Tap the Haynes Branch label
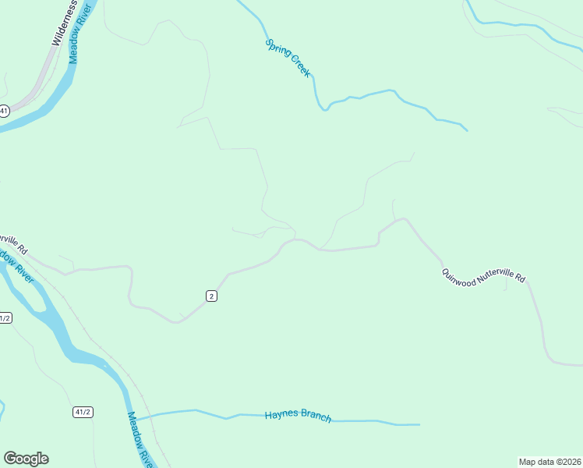298,416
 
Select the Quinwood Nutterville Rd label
483,275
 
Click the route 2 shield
211,296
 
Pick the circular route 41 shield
4,111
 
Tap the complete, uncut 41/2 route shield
83,412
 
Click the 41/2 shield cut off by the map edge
5,318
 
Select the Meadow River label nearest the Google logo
140,439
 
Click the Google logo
26,459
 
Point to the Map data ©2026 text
549,462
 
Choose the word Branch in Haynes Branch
315,417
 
